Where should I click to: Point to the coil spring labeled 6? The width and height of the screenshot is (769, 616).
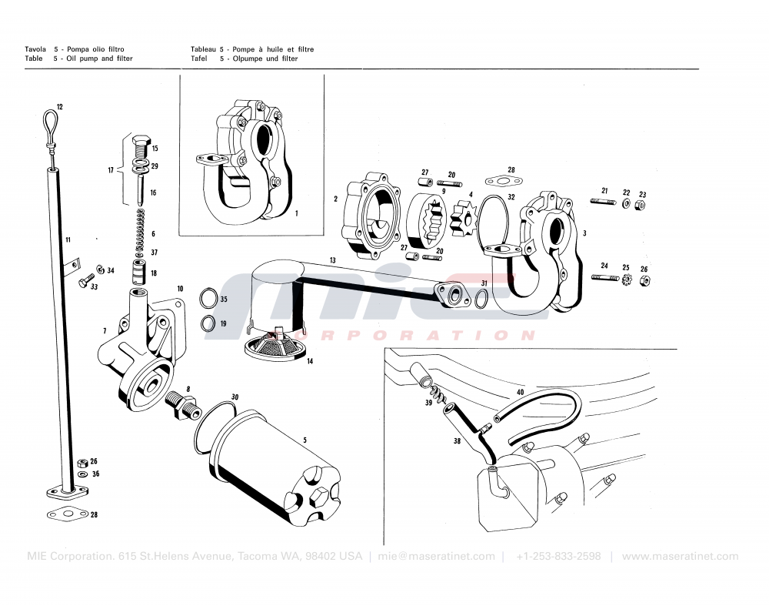coord(139,229)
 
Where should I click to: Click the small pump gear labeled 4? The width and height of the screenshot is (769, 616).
coord(463,219)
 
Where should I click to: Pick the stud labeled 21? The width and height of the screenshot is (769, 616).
coord(603,202)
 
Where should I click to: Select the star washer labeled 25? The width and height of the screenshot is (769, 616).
coord(626,279)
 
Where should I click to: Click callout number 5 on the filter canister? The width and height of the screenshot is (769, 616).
coord(305,440)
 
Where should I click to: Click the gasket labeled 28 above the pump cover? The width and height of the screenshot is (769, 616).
coord(504,182)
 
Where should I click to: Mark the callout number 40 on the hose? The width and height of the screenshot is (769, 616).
coord(520,393)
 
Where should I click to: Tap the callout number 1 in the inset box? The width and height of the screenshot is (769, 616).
coord(296,213)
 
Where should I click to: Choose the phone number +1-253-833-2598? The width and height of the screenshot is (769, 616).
coord(558,557)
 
